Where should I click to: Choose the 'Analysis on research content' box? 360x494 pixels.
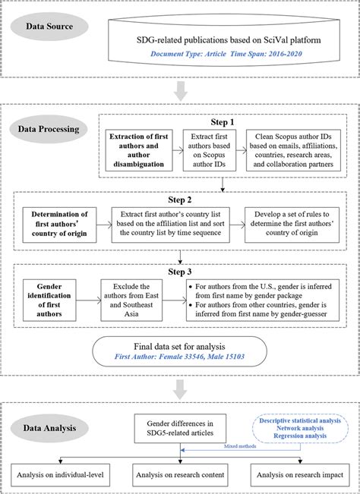[x=179, y=475]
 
